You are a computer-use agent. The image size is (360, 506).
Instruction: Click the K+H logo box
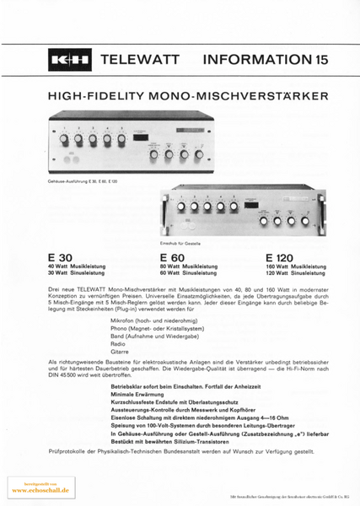pos(70,61)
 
